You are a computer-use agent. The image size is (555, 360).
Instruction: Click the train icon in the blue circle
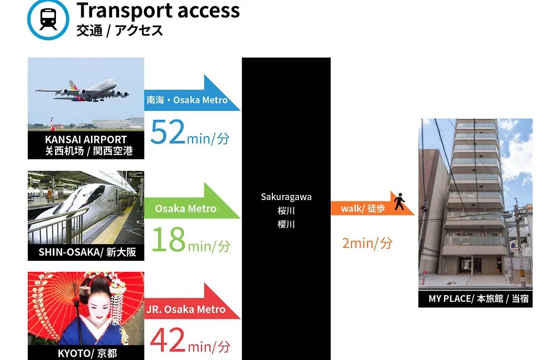48,19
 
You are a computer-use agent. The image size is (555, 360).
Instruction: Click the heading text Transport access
158,10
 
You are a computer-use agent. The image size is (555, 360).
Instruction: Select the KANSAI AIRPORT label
86,139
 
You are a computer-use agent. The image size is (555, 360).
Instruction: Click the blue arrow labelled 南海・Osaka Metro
192,94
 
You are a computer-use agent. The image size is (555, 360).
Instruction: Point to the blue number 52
168,132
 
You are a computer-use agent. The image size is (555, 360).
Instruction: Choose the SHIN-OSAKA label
87,252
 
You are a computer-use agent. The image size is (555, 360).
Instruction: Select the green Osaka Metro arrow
192,201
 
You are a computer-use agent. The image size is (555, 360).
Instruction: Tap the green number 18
169,239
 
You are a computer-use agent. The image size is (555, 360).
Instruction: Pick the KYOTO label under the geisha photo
87,353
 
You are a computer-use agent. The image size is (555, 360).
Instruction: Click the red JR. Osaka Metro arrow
192,301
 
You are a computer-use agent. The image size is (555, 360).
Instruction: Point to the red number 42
168,340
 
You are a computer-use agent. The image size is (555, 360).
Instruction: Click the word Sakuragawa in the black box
286,197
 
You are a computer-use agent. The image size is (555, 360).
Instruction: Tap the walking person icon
400,201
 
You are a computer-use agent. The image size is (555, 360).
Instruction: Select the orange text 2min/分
367,243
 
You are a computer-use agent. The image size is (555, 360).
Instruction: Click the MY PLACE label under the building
478,299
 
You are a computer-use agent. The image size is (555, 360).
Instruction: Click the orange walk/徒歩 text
363,208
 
